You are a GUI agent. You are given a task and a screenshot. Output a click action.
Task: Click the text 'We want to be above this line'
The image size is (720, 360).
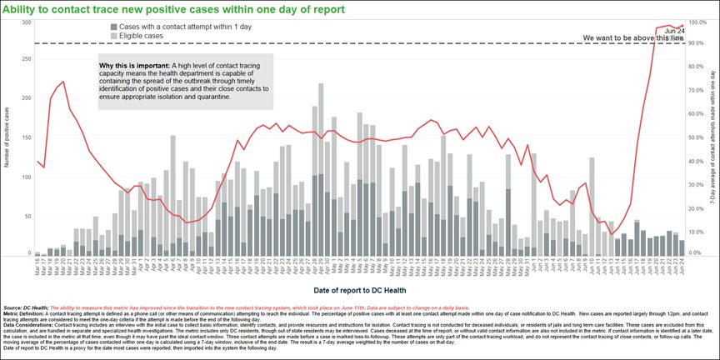coord(633,38)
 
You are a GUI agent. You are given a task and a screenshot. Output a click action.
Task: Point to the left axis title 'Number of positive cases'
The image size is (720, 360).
coord(7,137)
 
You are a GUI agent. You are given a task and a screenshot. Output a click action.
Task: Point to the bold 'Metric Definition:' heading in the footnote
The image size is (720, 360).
coord(27,312)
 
